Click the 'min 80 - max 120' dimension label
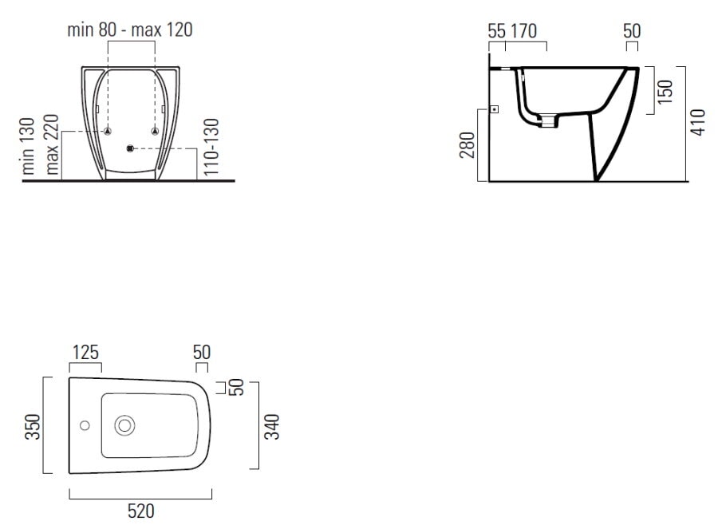(129, 30)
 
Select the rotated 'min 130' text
(29, 146)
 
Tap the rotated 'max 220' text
(51, 144)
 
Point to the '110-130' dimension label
(211, 147)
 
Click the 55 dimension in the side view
(497, 32)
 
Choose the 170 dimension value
(523, 32)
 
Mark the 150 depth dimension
(665, 91)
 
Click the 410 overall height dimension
(698, 122)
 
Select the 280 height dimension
(467, 144)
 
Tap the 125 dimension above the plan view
(85, 353)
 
